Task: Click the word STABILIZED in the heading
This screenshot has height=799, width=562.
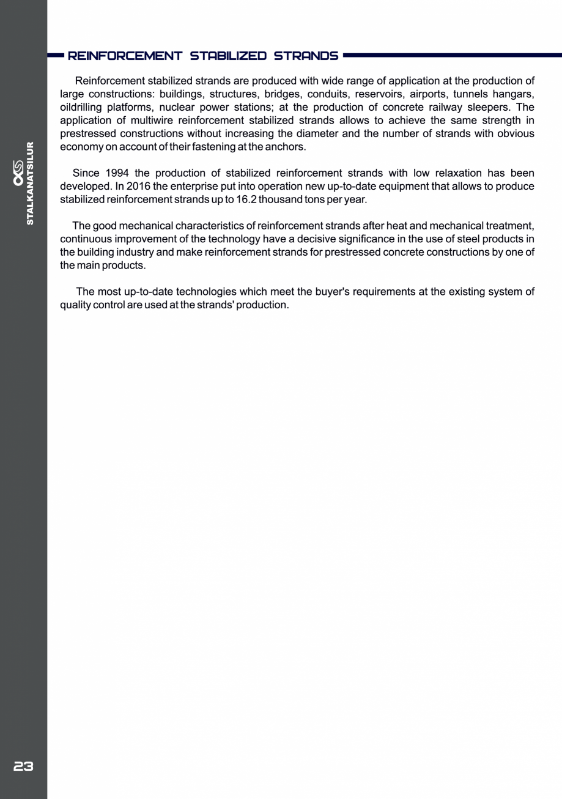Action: point(227,56)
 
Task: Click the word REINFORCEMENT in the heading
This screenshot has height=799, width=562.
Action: point(125,56)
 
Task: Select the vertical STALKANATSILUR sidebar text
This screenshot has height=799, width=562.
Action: point(30,184)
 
